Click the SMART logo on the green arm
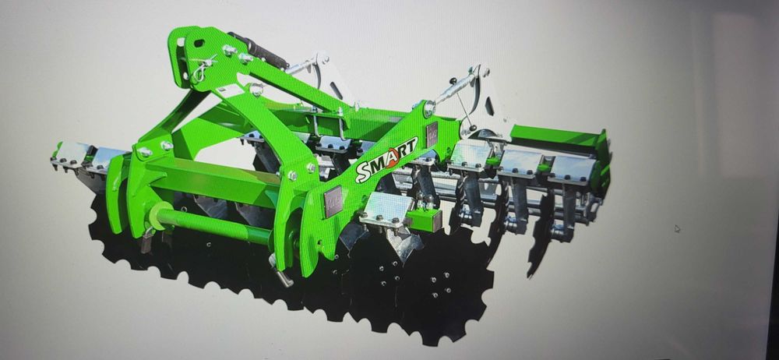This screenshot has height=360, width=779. [x=386, y=159]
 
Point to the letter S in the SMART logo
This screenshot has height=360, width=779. [x=361, y=174]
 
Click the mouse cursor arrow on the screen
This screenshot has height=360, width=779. [x=677, y=228]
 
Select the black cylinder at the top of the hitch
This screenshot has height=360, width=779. [x=258, y=51]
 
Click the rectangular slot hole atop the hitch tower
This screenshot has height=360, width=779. [x=199, y=44]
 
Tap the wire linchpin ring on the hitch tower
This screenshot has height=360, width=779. [x=201, y=70]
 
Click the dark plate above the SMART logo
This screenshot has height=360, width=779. [x=432, y=134]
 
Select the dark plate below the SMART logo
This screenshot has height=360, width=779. [x=333, y=201]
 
